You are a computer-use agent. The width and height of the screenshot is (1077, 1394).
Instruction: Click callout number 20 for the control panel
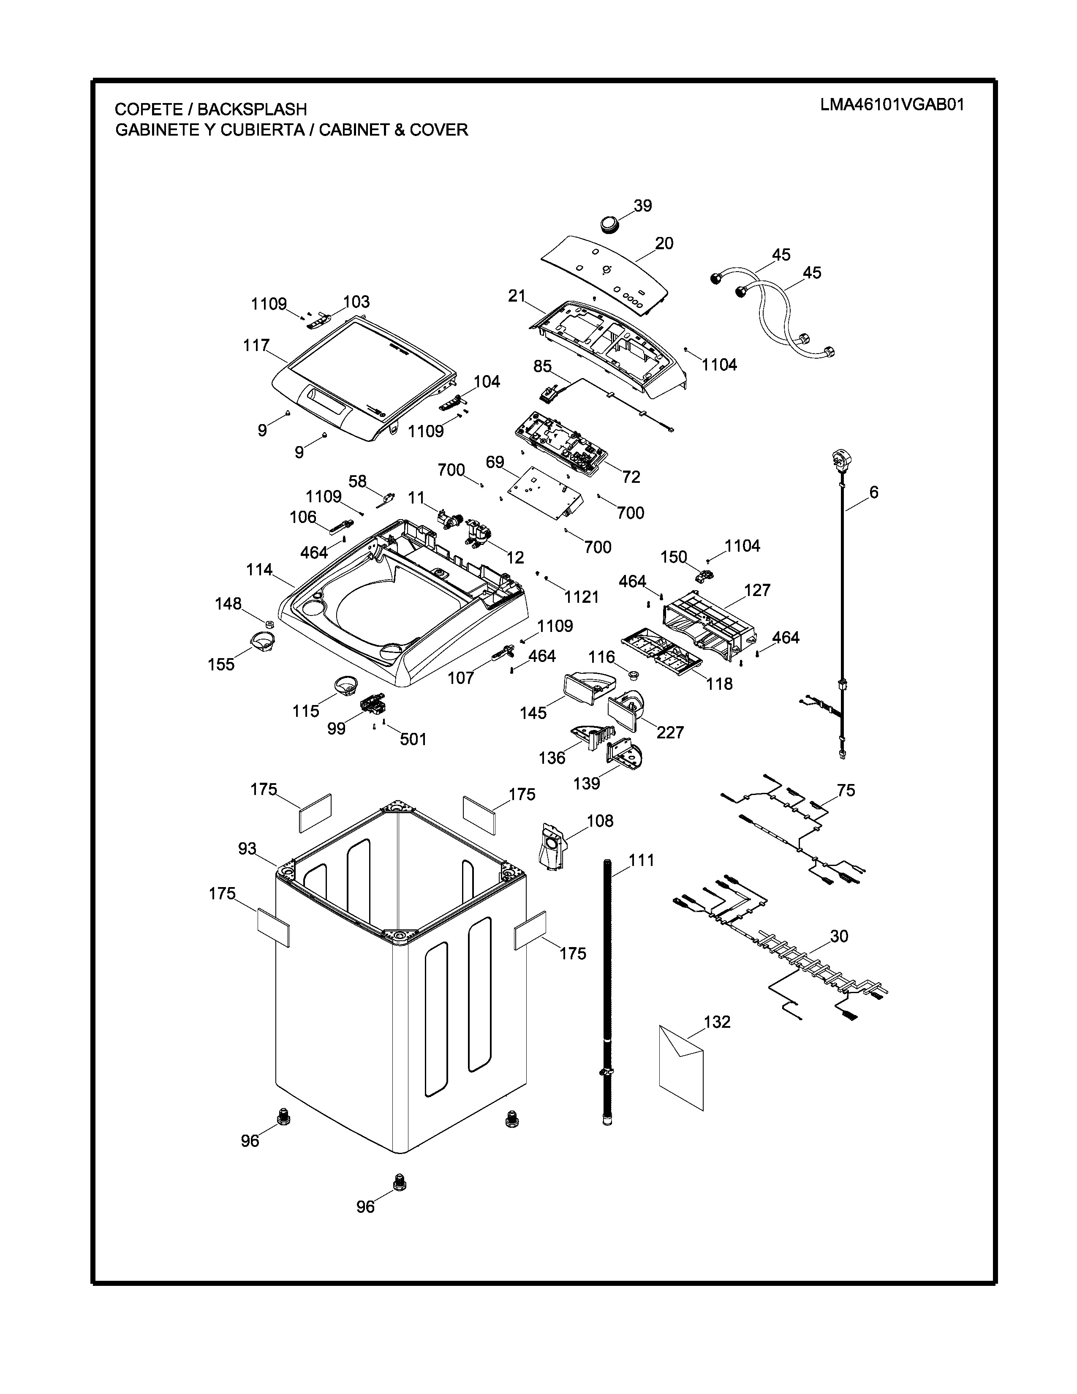(664, 243)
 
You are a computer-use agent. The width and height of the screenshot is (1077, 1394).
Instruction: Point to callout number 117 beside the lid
(256, 345)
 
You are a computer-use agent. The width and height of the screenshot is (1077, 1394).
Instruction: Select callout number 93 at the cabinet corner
(247, 849)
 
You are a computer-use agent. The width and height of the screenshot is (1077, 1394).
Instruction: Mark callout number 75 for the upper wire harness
(846, 790)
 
